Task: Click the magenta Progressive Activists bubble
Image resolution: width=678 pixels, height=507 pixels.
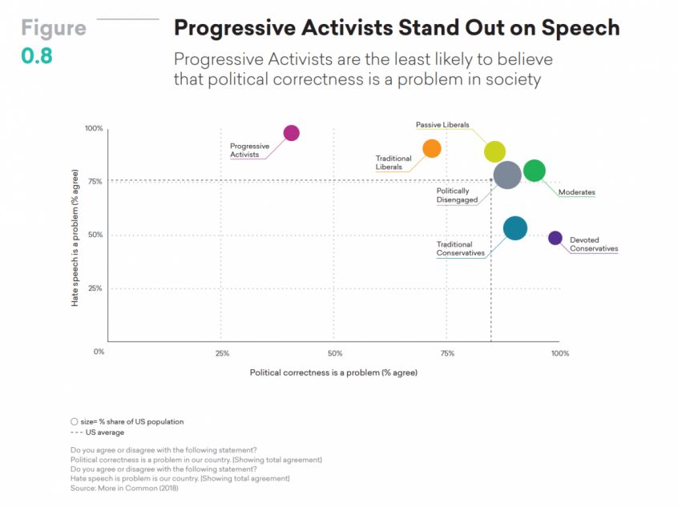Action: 292,133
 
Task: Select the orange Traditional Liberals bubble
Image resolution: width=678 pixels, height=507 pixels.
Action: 432,148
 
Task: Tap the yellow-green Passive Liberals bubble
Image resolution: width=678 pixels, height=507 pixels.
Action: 495,151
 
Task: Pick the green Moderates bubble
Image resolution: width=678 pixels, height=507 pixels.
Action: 535,171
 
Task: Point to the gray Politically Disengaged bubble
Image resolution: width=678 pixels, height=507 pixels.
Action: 508,175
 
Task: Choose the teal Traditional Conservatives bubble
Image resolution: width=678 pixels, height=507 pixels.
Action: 515,228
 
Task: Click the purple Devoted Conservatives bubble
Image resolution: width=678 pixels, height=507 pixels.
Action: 555,238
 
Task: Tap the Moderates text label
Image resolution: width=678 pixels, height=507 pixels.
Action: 577,192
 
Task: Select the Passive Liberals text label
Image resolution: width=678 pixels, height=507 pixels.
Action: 442,125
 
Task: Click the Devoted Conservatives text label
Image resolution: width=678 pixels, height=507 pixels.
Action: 594,244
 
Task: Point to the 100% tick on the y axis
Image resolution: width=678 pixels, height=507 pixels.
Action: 94,129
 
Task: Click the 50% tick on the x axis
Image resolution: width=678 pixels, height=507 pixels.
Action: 335,353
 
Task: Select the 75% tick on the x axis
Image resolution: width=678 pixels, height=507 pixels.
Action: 447,353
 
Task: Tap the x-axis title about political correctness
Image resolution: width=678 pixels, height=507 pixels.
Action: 333,372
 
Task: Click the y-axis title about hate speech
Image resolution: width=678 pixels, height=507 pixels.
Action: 75,238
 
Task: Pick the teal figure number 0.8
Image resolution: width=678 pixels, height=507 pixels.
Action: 36,58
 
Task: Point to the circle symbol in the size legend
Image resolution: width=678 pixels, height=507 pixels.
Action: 74,421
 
